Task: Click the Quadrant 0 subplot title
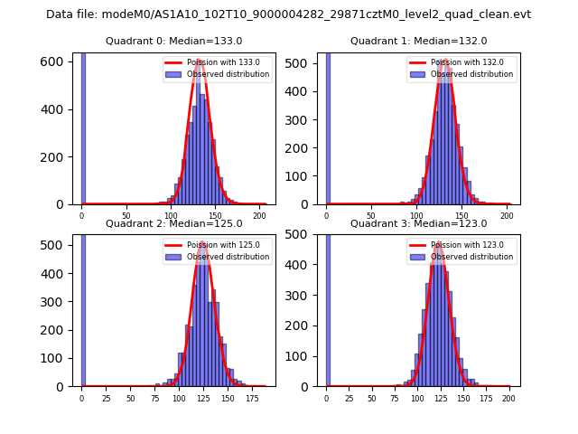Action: [173, 41]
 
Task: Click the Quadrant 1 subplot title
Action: [418, 41]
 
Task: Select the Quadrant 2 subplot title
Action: [173, 223]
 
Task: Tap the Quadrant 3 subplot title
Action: [418, 223]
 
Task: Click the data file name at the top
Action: [288, 14]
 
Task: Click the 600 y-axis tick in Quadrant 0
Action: [56, 61]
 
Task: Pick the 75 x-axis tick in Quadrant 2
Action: [154, 398]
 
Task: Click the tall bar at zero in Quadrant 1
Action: [328, 127]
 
